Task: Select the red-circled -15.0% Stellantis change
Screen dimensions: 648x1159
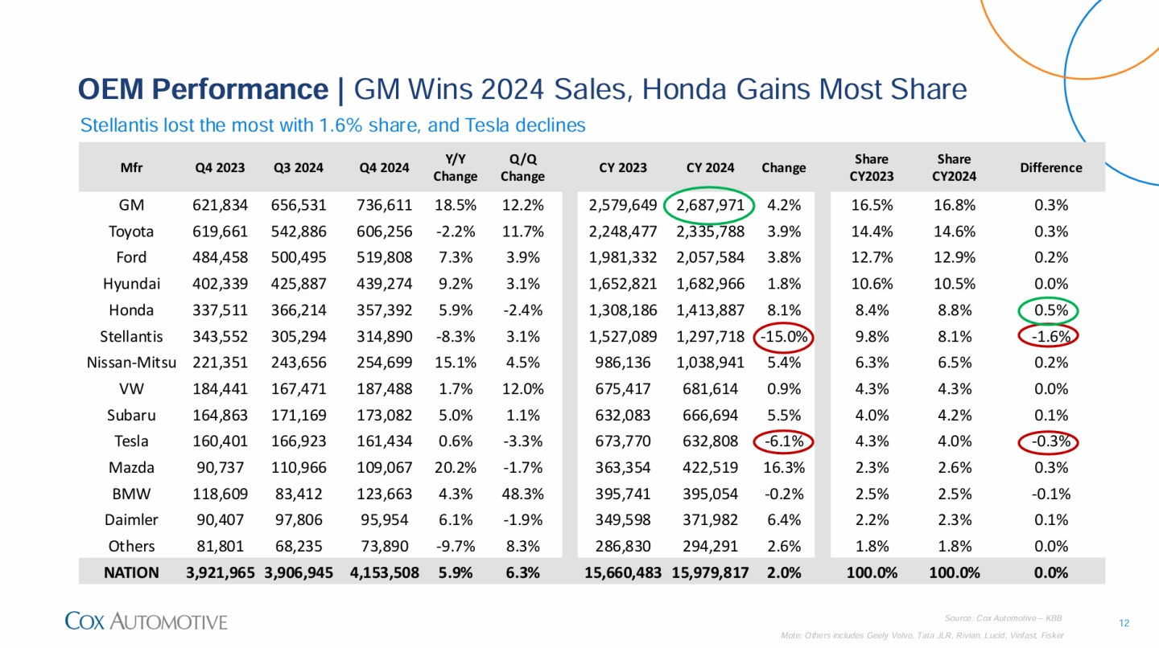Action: click(x=782, y=336)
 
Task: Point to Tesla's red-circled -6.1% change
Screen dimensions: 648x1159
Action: click(x=782, y=441)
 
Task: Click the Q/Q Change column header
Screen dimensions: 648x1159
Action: click(x=522, y=167)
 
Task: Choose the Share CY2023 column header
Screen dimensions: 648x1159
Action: click(x=871, y=167)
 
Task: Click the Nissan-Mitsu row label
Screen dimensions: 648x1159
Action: click(x=131, y=363)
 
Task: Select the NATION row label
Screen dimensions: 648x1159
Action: click(x=131, y=572)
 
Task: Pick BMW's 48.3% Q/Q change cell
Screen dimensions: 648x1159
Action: click(x=522, y=494)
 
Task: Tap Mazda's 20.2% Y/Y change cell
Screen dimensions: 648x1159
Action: click(x=456, y=467)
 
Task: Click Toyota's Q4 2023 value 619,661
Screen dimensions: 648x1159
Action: click(x=220, y=232)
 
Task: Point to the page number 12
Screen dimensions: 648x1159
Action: click(x=1124, y=623)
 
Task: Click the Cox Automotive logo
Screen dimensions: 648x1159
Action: click(x=146, y=621)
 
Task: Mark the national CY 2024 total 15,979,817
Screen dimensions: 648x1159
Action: click(x=710, y=572)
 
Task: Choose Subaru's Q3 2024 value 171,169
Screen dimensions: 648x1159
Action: click(x=298, y=415)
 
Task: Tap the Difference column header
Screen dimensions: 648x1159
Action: click(x=1050, y=167)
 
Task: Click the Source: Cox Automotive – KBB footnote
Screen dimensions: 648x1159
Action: click(x=1003, y=617)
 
